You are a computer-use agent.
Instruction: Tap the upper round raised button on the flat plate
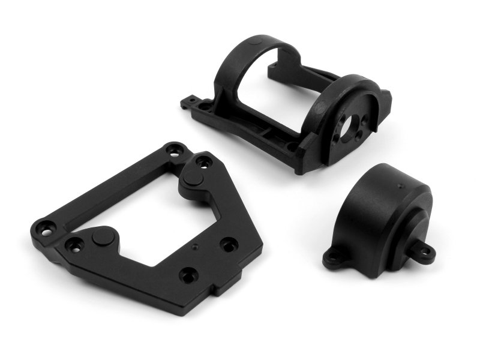191,178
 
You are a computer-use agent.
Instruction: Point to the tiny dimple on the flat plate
195,246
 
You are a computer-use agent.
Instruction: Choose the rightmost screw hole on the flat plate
227,245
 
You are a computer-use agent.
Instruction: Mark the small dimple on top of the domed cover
398,178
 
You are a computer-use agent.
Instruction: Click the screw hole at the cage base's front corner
292,146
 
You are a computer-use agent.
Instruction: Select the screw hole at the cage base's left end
206,107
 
